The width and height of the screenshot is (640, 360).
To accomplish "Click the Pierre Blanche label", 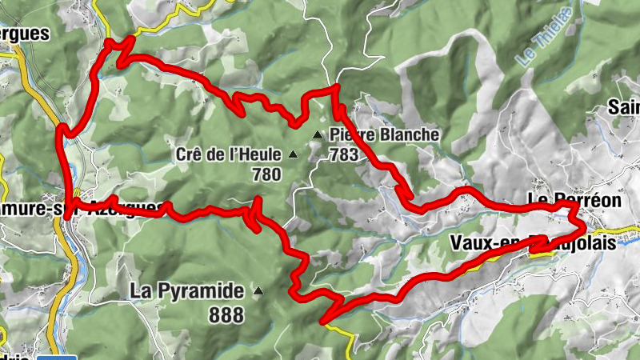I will pos(383,134).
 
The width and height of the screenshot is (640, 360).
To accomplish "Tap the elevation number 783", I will pos(343,154).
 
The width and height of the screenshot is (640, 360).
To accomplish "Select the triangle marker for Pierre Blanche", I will pos(318,134).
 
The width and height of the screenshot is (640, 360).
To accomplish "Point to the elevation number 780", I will pos(266,174).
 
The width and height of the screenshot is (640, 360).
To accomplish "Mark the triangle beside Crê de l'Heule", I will pos(292,154).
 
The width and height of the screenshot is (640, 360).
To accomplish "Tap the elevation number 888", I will pos(226,315).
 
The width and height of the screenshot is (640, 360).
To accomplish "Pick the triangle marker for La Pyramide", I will pos(258,291).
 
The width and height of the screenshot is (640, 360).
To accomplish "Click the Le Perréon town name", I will pos(574,200).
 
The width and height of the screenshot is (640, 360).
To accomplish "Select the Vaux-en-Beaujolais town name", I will pos(533,242).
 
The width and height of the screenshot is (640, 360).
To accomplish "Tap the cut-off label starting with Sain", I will pos(624,106).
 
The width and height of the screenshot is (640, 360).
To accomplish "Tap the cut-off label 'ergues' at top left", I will pos(24,34).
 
